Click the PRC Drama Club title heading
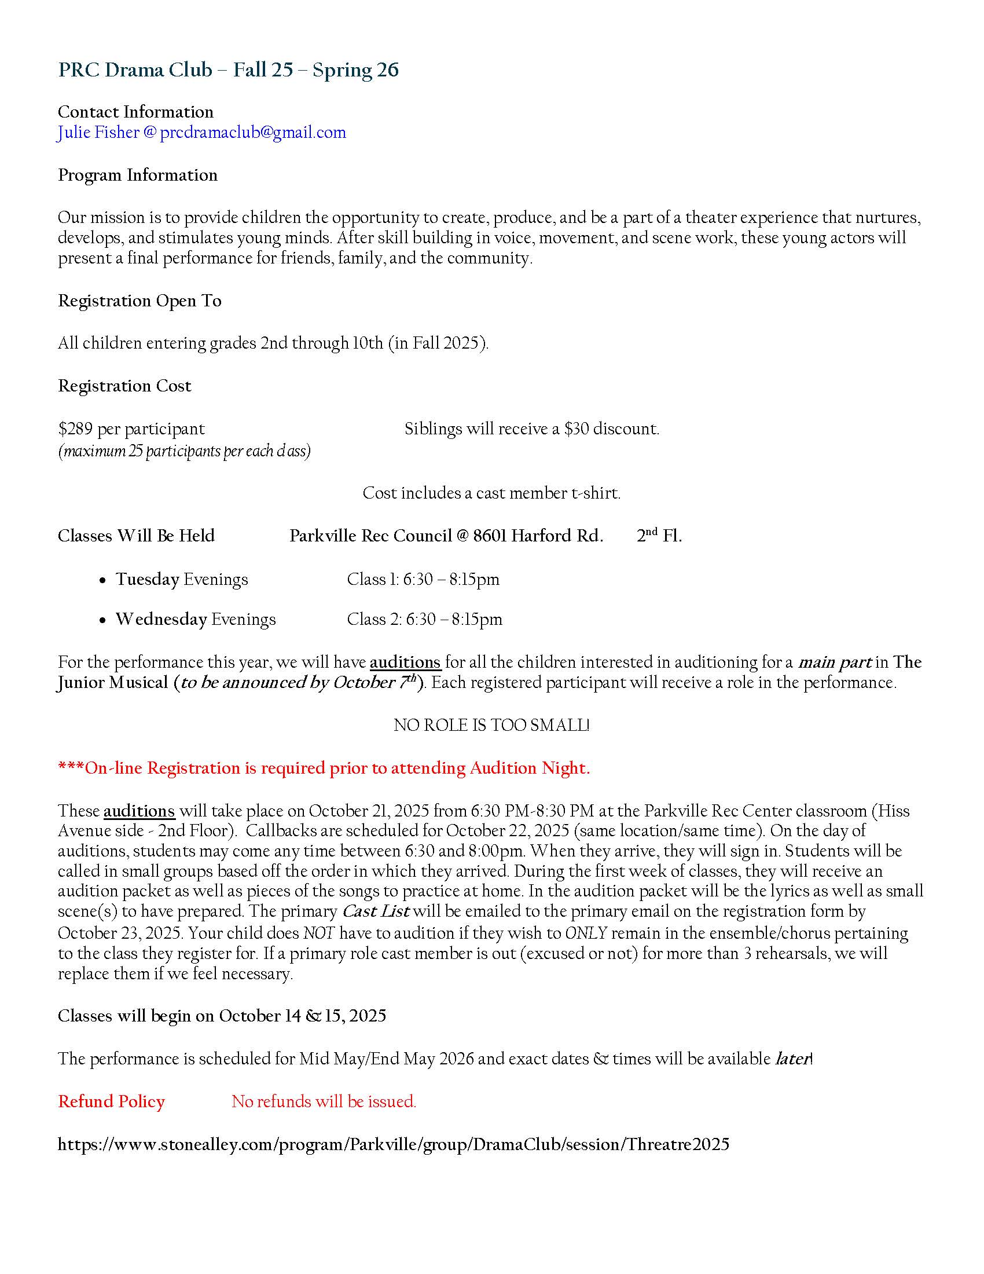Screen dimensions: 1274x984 click(x=228, y=70)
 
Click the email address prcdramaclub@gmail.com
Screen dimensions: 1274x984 click(x=252, y=133)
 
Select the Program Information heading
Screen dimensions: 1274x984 click(x=138, y=175)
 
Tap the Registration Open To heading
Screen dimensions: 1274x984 click(x=139, y=301)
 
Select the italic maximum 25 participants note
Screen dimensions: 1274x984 click(x=183, y=451)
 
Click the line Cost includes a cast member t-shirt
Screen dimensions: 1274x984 click(x=491, y=493)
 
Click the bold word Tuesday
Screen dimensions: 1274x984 click(x=147, y=579)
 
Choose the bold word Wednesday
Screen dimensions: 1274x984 click(x=161, y=619)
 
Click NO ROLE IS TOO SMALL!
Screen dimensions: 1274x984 click(x=491, y=725)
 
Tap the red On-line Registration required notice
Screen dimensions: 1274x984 click(x=324, y=768)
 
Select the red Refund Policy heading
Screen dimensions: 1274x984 click(x=111, y=1101)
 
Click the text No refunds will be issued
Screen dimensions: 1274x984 click(x=324, y=1101)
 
